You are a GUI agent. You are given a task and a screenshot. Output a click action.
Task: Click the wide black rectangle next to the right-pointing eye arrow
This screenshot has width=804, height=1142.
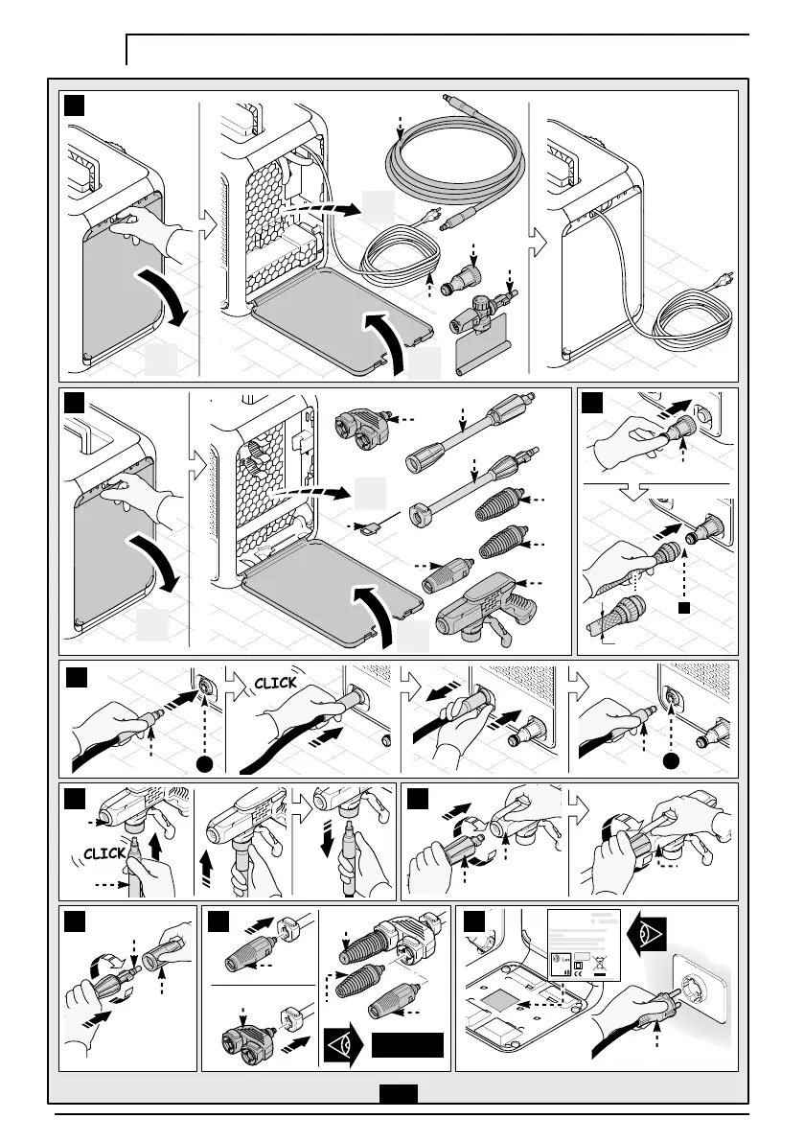coord(408,1044)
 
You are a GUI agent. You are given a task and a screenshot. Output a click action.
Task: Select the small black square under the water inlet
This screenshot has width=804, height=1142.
coord(682,607)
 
